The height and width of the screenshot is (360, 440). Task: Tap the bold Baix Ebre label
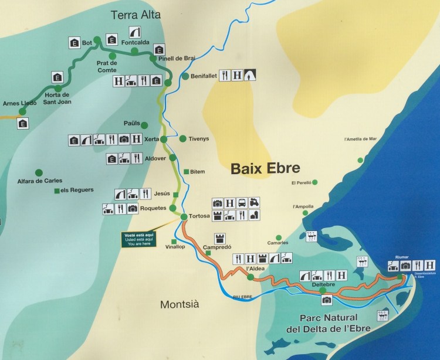click(265, 169)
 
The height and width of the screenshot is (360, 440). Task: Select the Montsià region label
click(180, 304)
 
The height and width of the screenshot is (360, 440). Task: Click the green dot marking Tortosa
click(184, 217)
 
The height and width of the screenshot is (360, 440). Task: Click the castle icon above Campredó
click(221, 237)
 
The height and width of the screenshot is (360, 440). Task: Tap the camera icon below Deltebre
click(327, 300)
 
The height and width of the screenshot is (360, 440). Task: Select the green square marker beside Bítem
click(186, 172)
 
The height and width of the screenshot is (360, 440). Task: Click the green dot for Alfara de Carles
click(39, 172)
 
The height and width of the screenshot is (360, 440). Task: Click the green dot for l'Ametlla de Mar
click(360, 159)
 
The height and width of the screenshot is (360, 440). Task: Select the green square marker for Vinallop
click(174, 242)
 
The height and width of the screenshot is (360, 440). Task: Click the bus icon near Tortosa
click(242, 203)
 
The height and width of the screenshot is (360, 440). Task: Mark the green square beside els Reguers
click(56, 191)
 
